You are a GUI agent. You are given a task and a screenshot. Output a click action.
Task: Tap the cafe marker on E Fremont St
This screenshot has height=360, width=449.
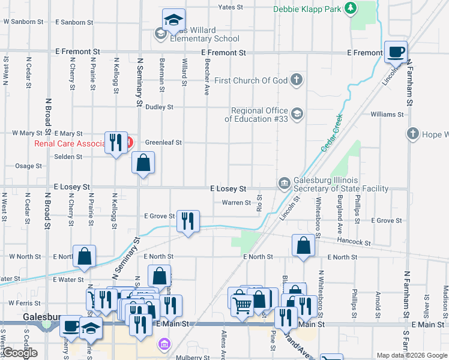(396, 53)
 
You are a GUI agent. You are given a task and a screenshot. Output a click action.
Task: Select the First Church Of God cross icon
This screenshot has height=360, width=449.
(297, 80)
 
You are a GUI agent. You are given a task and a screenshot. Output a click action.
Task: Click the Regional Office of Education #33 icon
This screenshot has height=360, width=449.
(297, 113)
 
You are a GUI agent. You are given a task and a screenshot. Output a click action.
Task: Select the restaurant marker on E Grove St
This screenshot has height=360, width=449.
(188, 222)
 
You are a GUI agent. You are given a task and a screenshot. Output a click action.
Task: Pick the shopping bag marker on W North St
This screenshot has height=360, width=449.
(85, 257)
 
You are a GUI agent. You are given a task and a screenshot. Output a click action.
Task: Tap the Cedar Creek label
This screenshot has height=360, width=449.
(331, 132)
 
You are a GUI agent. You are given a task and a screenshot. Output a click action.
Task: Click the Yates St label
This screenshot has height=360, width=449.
(231, 7)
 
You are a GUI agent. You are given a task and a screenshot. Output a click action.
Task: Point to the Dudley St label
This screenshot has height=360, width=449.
(159, 107)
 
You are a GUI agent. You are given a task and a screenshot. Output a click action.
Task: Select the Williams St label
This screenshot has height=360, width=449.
(387, 114)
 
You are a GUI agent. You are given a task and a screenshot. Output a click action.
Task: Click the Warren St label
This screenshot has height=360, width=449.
(236, 203)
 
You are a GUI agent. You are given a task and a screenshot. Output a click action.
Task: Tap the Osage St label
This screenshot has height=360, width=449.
(29, 166)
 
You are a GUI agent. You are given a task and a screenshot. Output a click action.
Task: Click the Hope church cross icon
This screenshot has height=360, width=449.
(412, 134)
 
